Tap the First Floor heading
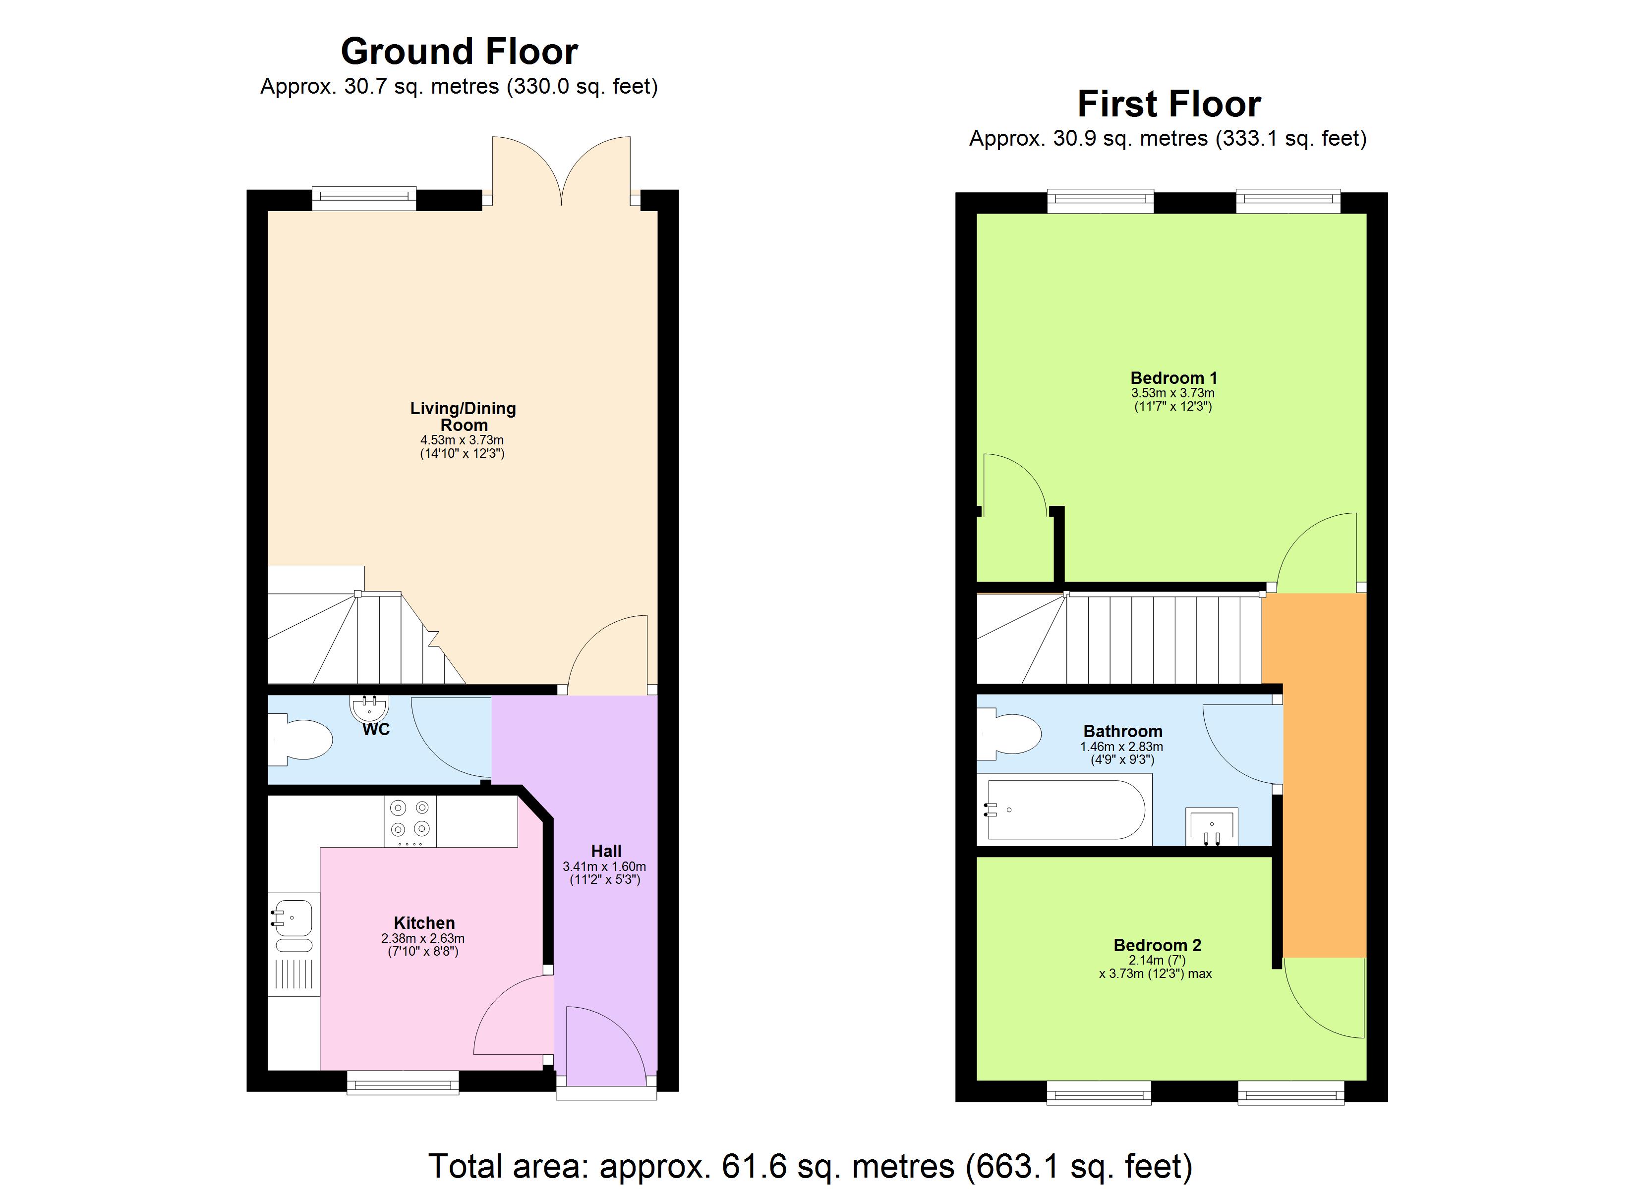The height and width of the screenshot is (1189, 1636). pos(1168,104)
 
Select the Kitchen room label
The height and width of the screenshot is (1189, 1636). pos(424,923)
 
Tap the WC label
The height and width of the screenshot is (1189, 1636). pos(376,730)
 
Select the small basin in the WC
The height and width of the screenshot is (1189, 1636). pos(369,706)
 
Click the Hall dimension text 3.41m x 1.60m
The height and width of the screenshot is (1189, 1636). pos(604,866)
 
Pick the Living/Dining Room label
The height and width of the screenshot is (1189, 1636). pos(463,417)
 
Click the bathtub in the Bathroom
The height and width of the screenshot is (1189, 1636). pos(1065,810)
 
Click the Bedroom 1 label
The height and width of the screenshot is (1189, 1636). pos(1173,378)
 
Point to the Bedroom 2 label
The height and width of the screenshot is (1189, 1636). pos(1157,945)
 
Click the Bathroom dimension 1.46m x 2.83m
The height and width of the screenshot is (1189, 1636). pos(1122,747)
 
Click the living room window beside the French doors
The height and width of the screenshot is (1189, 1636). pos(364,198)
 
